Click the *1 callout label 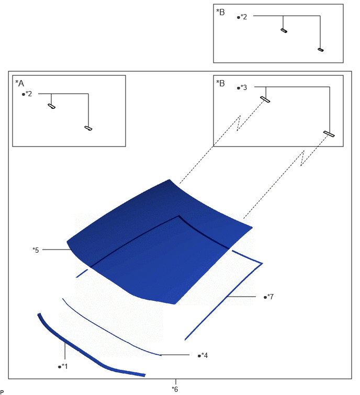tap(63, 366)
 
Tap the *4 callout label tap(203, 355)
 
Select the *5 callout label tap(36, 250)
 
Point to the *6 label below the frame tap(175, 389)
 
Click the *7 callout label tap(269, 297)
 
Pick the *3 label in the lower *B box tap(242, 87)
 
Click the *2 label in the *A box tap(27, 94)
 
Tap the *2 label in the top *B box tap(242, 17)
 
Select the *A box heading tap(20, 83)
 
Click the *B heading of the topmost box tap(220, 12)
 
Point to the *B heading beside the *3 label tap(220, 83)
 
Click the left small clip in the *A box tap(52, 106)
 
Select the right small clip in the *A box tap(88, 128)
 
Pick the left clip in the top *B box tap(284, 31)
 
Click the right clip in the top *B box tap(320, 50)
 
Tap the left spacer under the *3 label tap(265, 99)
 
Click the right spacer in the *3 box tap(329, 134)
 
